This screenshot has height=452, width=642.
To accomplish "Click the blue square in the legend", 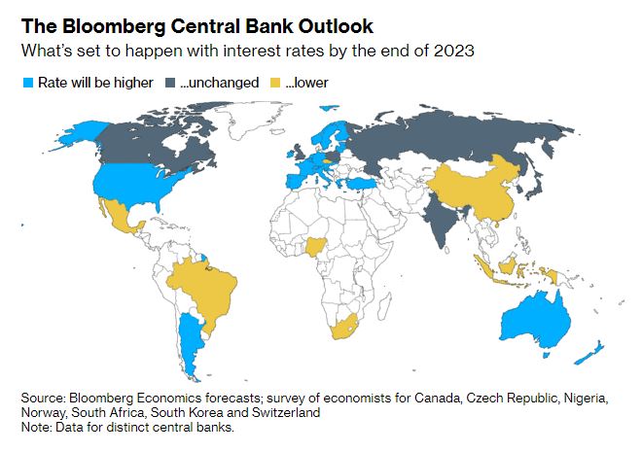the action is [28, 83].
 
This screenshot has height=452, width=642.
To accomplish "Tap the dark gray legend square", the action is [170, 83].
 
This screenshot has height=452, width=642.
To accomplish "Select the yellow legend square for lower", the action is [275, 83].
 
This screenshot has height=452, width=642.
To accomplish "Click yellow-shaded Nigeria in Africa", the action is [314, 247].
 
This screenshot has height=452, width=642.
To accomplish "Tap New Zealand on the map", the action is [589, 353].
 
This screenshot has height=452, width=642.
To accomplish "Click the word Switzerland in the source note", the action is [286, 412].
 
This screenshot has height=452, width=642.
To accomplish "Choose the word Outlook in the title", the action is [336, 26].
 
